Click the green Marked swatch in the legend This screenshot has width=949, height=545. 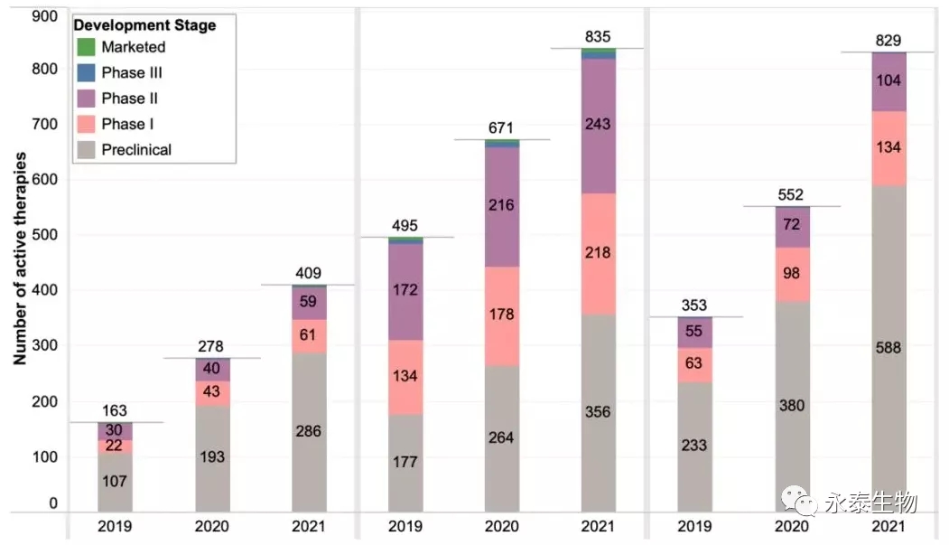(87, 46)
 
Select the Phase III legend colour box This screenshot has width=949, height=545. (87, 72)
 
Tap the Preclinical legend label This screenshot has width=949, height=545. (136, 149)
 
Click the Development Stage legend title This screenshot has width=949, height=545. (144, 25)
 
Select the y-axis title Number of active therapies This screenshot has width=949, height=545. (19, 258)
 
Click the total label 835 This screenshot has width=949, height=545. (598, 37)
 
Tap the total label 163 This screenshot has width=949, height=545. (115, 411)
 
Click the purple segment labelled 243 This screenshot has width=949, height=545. (598, 125)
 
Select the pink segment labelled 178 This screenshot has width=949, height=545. (500, 315)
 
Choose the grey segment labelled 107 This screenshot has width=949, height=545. (115, 482)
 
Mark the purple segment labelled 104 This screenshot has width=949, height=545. (889, 81)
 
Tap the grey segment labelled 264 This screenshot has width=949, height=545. (500, 437)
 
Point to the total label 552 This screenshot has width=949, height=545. (792, 195)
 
